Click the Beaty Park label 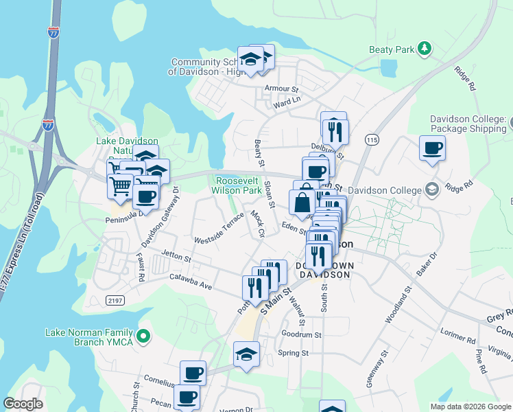[x=392, y=49]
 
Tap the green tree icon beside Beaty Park [x=425, y=48]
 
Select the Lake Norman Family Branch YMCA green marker [x=143, y=336]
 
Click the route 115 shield [x=372, y=139]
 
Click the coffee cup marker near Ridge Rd [x=432, y=149]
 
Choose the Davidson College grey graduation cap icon [x=431, y=189]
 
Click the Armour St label [x=283, y=89]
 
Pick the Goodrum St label [x=301, y=334]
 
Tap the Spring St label [x=294, y=353]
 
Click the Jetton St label [x=176, y=257]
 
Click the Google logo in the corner [x=23, y=403]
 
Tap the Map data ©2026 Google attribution [x=470, y=407]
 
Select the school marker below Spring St [x=246, y=355]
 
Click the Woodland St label [x=397, y=305]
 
